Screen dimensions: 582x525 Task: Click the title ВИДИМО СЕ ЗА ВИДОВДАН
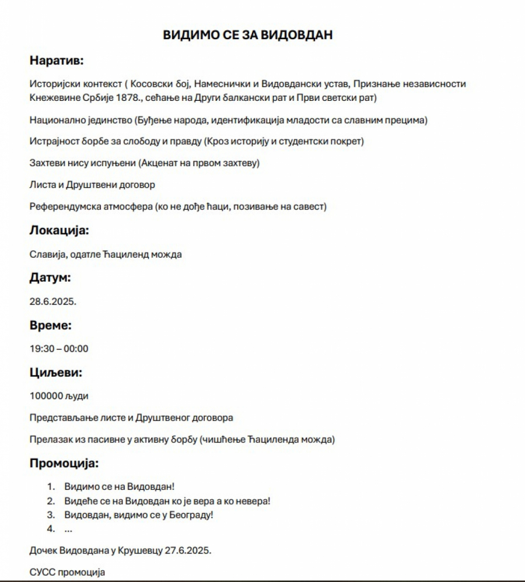[248, 35]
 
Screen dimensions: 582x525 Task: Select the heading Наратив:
[57, 60]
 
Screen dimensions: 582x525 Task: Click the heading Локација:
[59, 230]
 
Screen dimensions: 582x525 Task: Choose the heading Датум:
[50, 278]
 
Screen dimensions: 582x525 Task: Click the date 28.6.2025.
[53, 302]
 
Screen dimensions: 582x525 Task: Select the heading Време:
[50, 325]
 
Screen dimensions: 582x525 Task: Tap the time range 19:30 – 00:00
[59, 349]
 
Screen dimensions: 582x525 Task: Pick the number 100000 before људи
[46, 396]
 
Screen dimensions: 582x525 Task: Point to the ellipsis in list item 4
[68, 529]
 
